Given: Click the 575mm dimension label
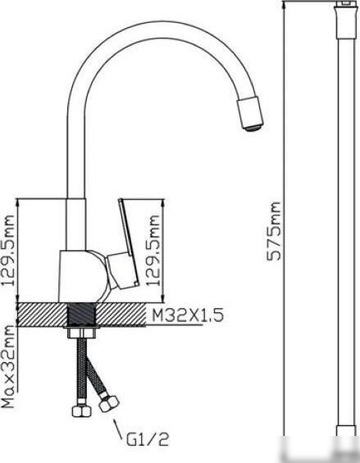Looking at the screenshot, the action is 273,231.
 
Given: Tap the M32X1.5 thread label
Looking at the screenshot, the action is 188,315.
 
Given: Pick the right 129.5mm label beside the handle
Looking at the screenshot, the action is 153,251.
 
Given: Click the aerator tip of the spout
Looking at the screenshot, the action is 252,128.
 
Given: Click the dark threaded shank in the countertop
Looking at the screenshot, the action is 81,315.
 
